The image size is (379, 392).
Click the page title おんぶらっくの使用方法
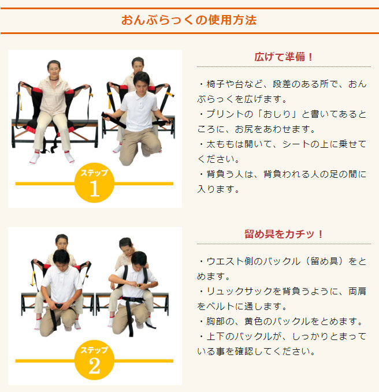click(x=189, y=20)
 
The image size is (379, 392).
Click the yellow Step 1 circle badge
click(x=94, y=184)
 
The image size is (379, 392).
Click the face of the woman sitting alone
click(x=54, y=69)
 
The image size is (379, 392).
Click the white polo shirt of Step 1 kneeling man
click(x=140, y=110)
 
